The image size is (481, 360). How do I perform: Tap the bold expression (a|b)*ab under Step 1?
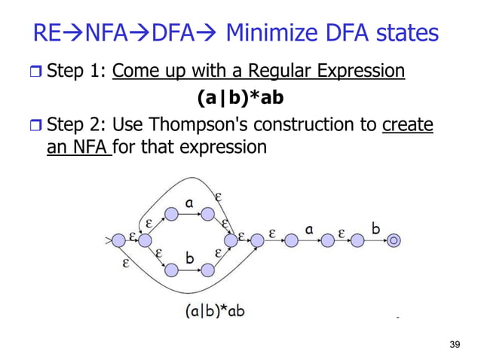[240, 98]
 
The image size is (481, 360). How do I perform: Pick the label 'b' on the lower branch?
[190, 258]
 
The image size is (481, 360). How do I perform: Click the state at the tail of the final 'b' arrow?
[357, 241]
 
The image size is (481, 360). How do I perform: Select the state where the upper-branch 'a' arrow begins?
[171, 214]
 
